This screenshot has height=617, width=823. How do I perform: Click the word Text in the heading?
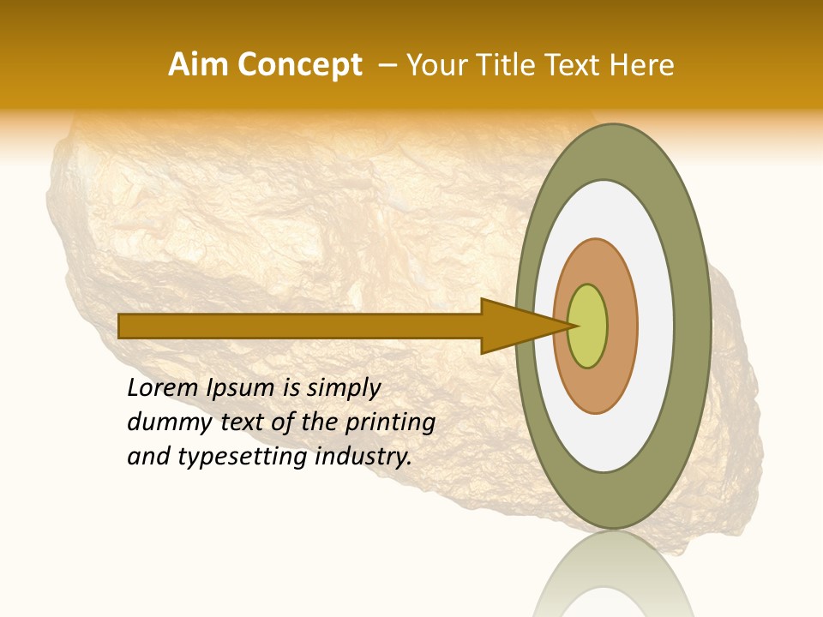(x=574, y=65)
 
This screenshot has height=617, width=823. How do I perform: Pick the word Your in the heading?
(x=438, y=65)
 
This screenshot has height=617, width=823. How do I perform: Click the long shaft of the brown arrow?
(x=300, y=326)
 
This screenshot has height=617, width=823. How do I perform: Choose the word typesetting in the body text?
(x=242, y=458)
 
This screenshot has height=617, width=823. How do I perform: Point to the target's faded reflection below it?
(x=613, y=578)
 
